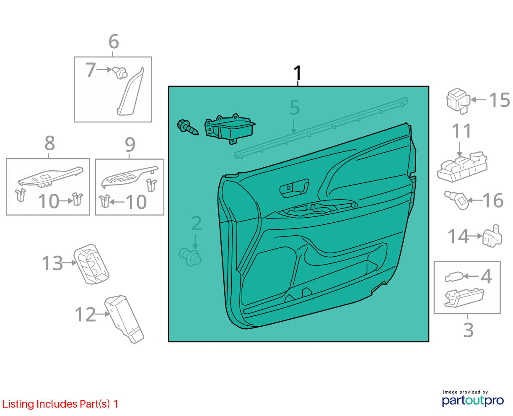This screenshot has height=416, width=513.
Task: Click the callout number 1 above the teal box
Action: pos(298,73)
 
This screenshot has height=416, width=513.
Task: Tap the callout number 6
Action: pos(114,42)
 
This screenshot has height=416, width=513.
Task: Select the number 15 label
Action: pos(500,99)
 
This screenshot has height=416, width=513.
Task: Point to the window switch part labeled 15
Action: pos(458,101)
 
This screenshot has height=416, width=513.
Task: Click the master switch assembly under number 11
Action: pos(462,166)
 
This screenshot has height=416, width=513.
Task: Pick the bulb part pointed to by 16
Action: pos(456,200)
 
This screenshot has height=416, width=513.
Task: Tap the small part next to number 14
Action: pos(492,236)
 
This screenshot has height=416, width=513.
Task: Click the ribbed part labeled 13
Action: pos(91,264)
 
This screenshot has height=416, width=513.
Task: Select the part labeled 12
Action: pos(124,319)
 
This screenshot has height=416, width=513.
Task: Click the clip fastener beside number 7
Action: pos(120,73)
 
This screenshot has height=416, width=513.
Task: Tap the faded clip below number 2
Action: pos(190,257)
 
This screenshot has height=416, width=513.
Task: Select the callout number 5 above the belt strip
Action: pos(295,107)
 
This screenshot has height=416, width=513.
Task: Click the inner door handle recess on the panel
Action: pos(294,188)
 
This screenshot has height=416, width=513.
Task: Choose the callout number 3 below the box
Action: pos(469,330)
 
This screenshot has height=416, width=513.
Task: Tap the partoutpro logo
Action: pos(473,401)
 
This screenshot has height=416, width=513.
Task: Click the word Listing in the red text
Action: pos(18,404)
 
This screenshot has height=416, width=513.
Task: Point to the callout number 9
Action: pos(130,145)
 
